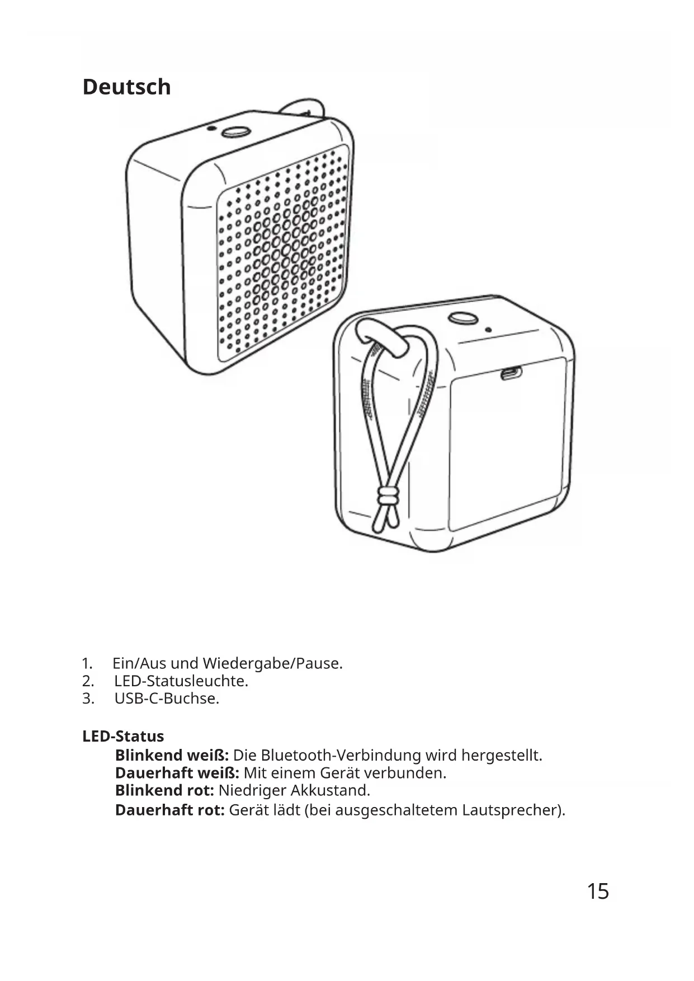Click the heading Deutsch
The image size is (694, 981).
pos(126,87)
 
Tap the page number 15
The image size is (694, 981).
pos(597,891)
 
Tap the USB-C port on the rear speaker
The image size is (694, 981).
pos(511,373)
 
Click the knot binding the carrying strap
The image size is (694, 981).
pos(386,496)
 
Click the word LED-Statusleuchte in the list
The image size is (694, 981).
pos(181,681)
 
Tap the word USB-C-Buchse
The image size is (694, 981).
pos(167,699)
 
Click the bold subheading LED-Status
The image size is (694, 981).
pos(123,736)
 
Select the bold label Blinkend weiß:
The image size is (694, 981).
pos(172,756)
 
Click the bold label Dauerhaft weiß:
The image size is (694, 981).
pos(177,774)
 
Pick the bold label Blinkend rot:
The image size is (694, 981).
pos(164,791)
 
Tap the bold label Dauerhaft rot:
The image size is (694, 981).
pos(169,810)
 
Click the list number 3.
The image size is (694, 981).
pos(88,699)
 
